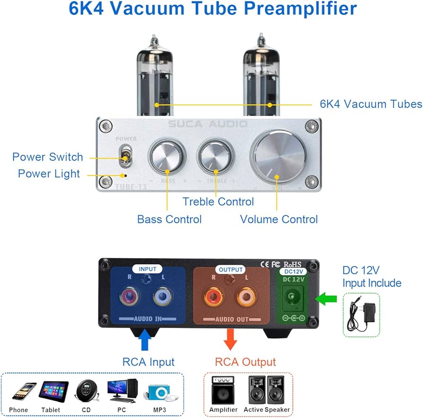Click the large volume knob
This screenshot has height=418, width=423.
click(278, 156)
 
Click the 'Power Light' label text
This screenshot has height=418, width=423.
click(49, 174)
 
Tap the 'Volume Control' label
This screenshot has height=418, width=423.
click(279, 219)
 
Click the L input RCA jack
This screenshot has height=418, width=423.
click(162, 299)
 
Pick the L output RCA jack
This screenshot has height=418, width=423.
click(245, 299)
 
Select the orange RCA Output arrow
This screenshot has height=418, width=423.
click(230, 339)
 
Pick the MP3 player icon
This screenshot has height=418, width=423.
click(159, 391)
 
